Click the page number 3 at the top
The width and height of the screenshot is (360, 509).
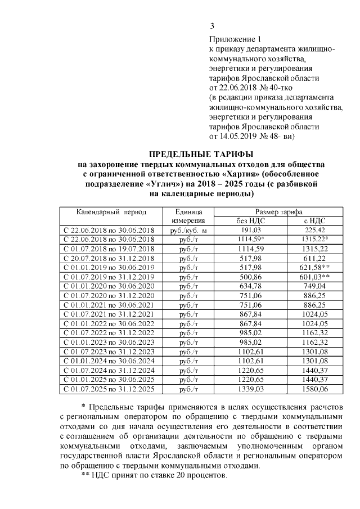(212, 26)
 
